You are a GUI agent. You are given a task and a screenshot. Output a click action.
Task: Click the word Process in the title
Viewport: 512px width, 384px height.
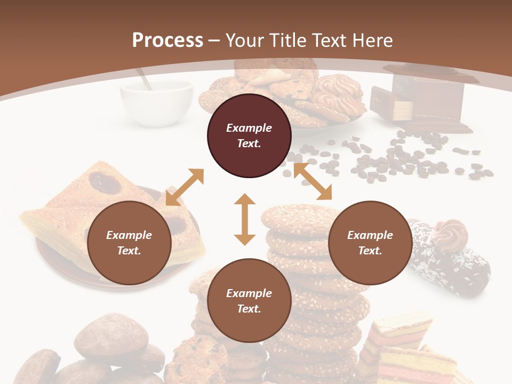(167, 41)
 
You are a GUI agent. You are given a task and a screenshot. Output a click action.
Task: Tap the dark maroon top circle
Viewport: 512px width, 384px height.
(249, 136)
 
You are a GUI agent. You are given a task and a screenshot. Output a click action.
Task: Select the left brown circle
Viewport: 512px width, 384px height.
(129, 243)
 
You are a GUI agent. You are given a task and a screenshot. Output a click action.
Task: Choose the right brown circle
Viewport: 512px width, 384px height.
(370, 243)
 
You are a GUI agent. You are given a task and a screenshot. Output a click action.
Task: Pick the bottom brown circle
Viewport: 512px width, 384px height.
(249, 301)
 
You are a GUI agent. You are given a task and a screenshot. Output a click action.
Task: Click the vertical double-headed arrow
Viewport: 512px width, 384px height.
(245, 219)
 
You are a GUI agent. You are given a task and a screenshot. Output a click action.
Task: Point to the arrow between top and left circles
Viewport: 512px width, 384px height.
(185, 187)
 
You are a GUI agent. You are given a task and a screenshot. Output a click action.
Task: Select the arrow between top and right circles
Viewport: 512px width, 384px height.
(313, 181)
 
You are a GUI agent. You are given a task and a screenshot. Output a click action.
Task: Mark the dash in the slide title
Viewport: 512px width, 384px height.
(214, 41)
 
